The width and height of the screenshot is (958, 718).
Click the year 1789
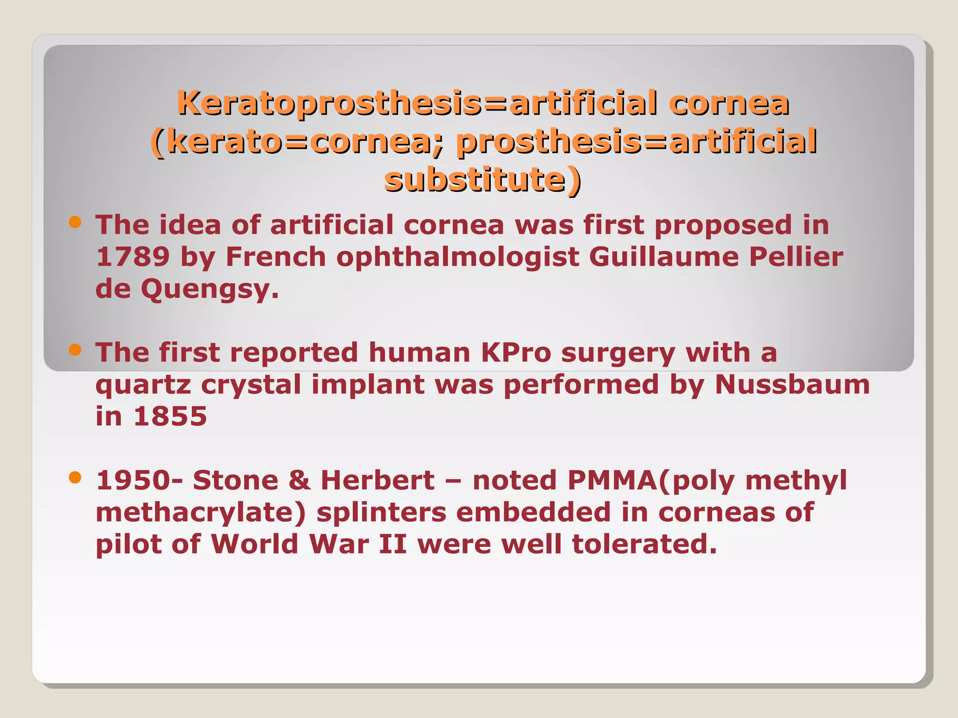tap(133, 257)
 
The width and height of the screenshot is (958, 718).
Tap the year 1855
tap(170, 416)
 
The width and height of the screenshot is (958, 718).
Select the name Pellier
tap(796, 257)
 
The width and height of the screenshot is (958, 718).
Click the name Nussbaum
tap(792, 384)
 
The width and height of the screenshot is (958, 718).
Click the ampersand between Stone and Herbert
tap(299, 481)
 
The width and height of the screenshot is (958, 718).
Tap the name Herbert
tap(377, 480)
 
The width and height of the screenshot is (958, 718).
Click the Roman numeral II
tap(392, 544)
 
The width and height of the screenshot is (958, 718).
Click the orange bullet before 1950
tap(75, 477)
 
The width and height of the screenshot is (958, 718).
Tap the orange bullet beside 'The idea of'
tap(75, 222)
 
